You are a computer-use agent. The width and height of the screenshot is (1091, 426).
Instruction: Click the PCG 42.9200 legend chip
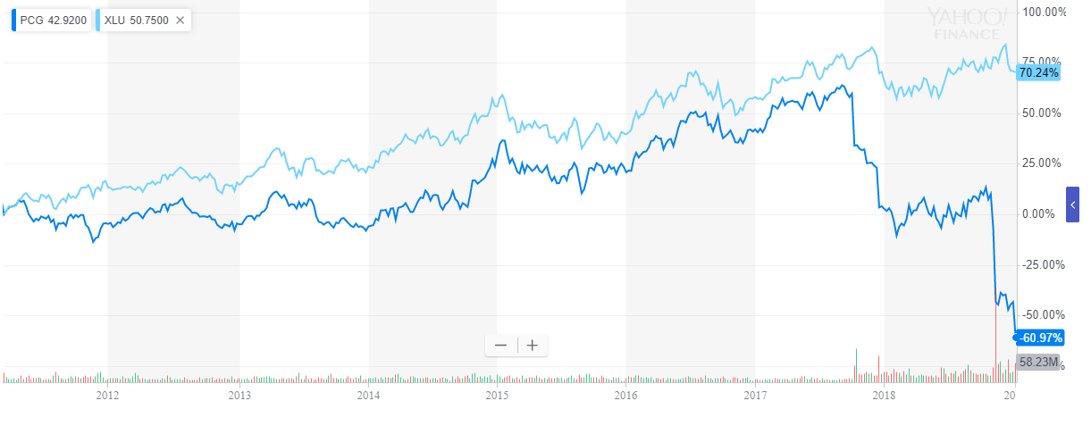[x=50, y=20]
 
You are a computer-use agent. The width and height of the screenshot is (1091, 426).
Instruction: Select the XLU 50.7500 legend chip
[x=137, y=20]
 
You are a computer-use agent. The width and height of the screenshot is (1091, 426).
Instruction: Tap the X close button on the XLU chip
[x=180, y=20]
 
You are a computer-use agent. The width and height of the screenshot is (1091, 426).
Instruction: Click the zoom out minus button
[x=500, y=346]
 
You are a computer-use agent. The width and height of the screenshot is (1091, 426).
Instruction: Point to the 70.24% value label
[x=1038, y=73]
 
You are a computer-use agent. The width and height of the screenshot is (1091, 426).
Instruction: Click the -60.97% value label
[x=1038, y=337]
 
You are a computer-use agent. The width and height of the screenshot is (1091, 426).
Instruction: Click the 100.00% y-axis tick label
[x=1045, y=13]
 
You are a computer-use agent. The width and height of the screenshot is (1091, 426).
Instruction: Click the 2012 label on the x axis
[x=107, y=395]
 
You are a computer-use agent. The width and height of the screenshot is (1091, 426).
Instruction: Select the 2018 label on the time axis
[x=884, y=395]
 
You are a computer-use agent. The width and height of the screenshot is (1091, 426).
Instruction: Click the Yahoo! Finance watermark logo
[x=967, y=24]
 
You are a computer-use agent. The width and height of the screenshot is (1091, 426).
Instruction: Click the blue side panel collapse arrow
[x=1072, y=205]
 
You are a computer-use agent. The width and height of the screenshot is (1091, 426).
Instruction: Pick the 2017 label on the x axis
[x=755, y=395]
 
